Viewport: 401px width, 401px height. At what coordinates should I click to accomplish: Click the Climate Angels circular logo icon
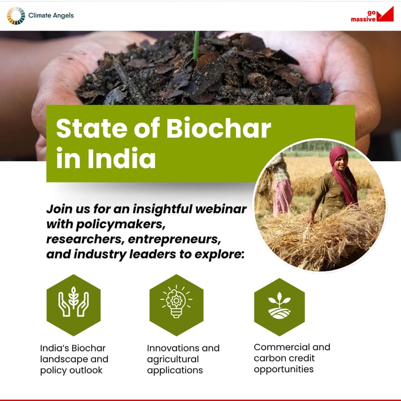16,16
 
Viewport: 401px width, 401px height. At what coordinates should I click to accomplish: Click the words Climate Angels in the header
51,16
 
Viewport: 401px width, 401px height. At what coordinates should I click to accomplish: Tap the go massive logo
372,15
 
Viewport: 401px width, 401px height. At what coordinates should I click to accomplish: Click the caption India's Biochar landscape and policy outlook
74,359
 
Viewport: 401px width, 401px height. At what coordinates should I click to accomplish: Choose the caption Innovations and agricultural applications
183,359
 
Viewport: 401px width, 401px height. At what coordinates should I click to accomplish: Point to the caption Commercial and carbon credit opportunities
292,358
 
